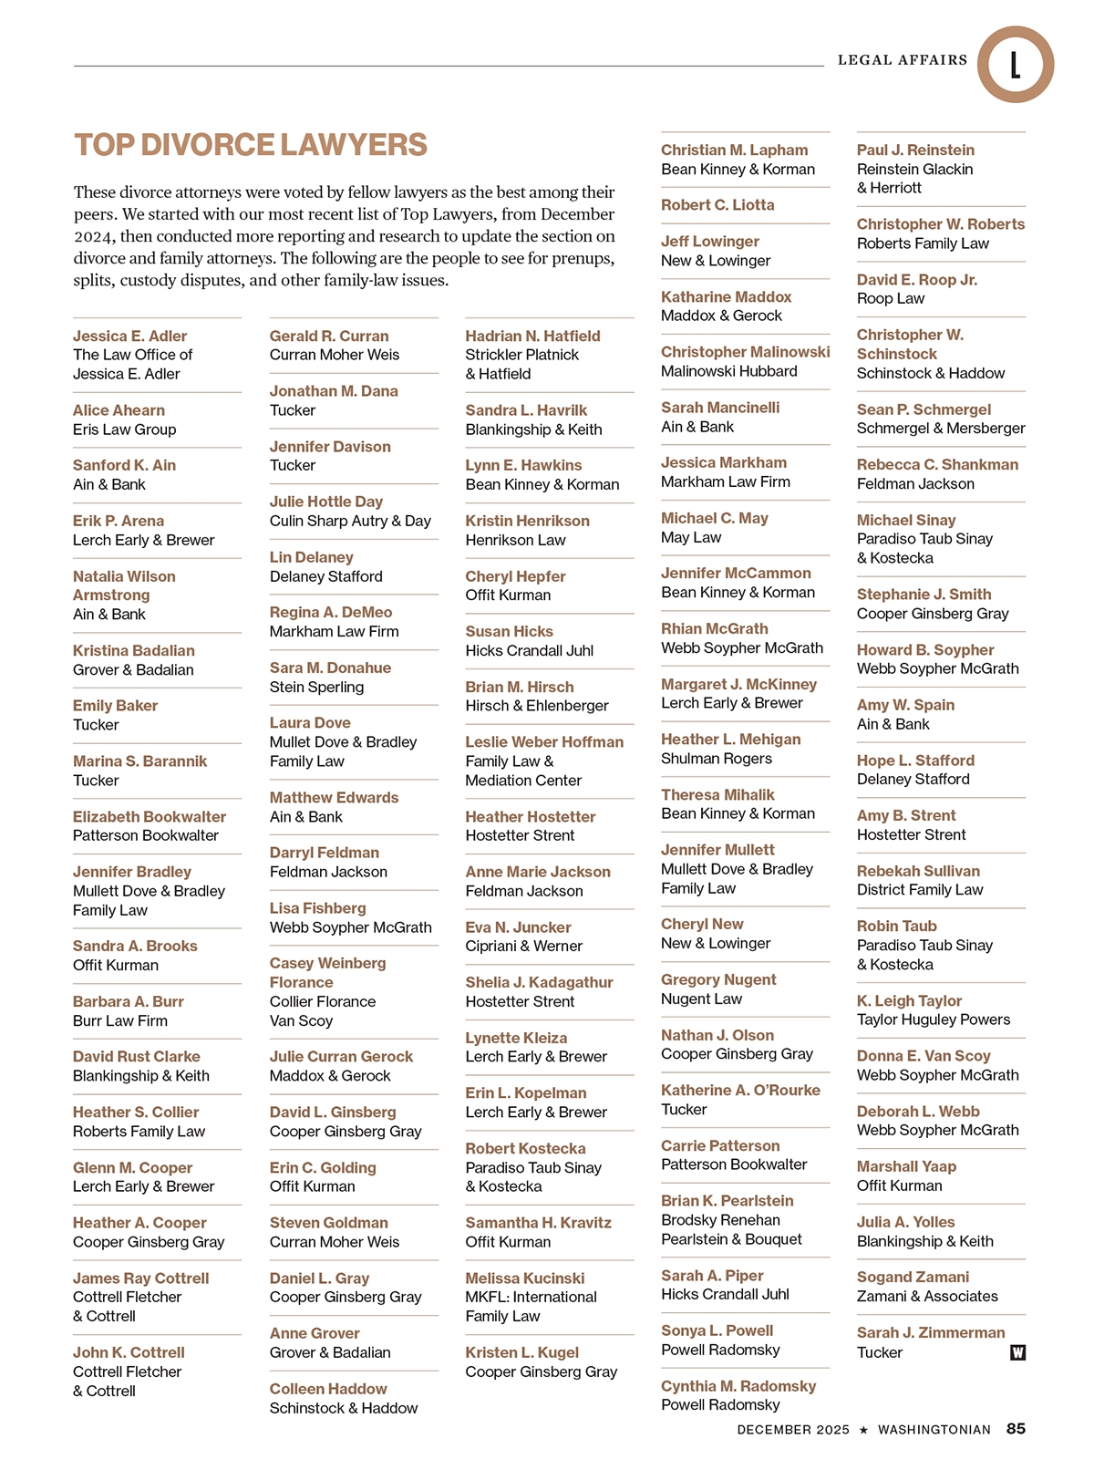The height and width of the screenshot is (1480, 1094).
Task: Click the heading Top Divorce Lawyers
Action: click(251, 146)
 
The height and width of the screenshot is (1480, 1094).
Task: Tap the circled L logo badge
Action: click(1015, 65)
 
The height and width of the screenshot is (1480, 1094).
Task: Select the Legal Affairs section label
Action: click(903, 60)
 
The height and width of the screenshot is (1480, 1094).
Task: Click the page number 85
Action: click(1016, 1429)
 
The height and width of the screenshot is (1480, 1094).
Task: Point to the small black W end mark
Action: click(1017, 1352)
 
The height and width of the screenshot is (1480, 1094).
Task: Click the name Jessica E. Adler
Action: click(129, 336)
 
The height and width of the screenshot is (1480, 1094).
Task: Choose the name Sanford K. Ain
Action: click(124, 465)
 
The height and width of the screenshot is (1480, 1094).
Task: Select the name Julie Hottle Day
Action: click(325, 502)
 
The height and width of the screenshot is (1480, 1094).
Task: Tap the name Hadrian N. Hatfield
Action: click(532, 336)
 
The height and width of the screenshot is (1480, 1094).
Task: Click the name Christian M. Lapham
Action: click(734, 150)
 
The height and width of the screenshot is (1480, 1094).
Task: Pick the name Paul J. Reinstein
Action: click(915, 150)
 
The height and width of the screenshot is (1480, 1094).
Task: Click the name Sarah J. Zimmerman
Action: click(931, 1332)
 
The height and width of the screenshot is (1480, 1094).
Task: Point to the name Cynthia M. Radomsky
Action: click(738, 1386)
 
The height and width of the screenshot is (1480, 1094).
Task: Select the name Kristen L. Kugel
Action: click(521, 1352)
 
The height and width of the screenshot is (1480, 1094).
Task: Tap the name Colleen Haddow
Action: click(328, 1389)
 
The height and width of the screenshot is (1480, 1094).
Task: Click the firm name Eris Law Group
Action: click(125, 430)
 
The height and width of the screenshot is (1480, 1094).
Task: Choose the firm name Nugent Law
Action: click(701, 999)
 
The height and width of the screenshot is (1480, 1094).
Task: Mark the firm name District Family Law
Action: click(920, 890)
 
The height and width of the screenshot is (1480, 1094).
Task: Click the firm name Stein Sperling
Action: click(316, 687)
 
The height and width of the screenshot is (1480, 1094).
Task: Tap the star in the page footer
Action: click(863, 1430)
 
